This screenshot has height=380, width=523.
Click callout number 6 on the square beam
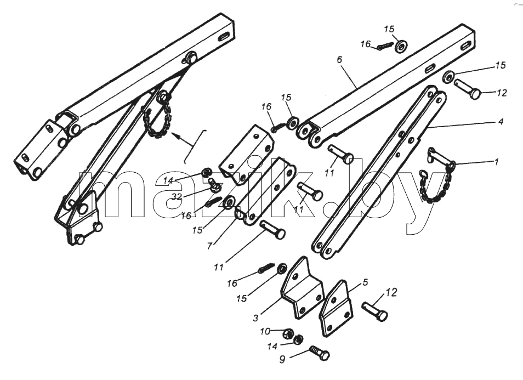pyautogui.click(x=339, y=60)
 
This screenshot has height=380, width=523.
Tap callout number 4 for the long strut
pyautogui.click(x=501, y=121)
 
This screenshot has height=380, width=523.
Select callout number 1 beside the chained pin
pyautogui.click(x=497, y=162)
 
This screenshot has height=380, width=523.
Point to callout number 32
pyautogui.click(x=176, y=197)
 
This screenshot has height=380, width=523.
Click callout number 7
pyautogui.click(x=209, y=246)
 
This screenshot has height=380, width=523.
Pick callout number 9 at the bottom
pyautogui.click(x=282, y=360)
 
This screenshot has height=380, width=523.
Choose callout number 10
pyautogui.click(x=265, y=332)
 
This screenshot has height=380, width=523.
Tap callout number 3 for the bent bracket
pyautogui.click(x=255, y=318)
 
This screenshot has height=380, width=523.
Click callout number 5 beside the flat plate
pyautogui.click(x=365, y=282)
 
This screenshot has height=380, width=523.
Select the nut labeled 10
pyautogui.click(x=288, y=333)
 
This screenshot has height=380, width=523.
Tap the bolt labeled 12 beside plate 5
pyautogui.click(x=374, y=311)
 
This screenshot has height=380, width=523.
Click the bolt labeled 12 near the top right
pyautogui.click(x=467, y=89)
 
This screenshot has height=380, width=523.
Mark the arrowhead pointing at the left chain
pyautogui.click(x=175, y=135)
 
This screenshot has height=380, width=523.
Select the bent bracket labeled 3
pyautogui.click(x=303, y=288)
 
